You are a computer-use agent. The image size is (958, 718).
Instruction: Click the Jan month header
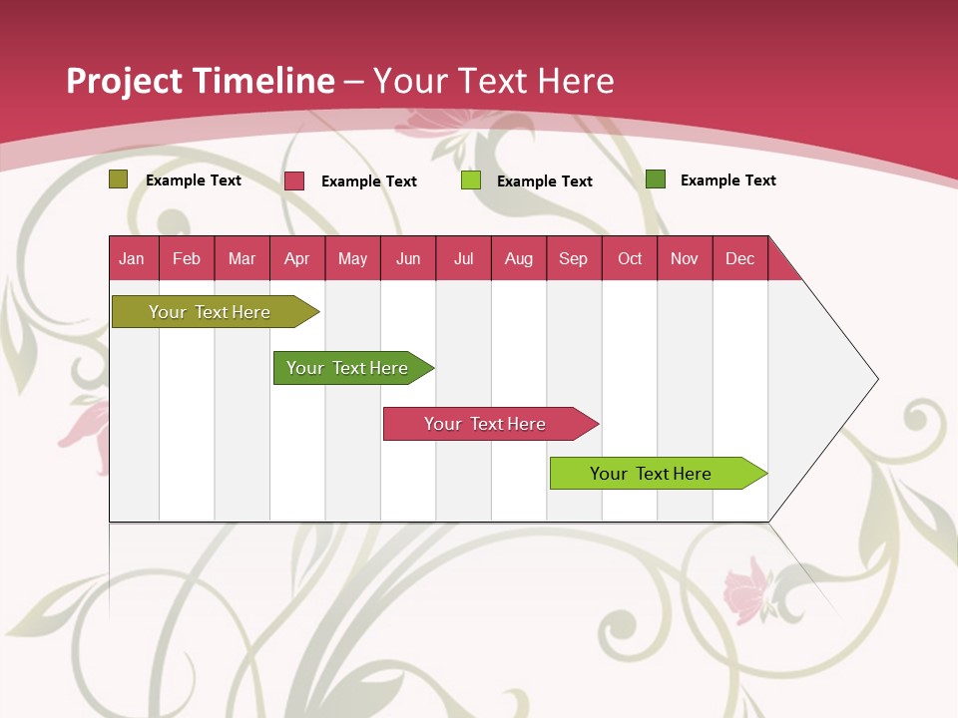(133, 258)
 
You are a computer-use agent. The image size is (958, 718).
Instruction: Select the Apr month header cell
(297, 258)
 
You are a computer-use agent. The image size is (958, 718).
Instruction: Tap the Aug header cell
(518, 258)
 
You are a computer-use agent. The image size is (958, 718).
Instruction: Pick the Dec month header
(739, 258)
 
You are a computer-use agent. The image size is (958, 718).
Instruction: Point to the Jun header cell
(408, 258)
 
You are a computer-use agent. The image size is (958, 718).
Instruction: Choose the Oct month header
(630, 258)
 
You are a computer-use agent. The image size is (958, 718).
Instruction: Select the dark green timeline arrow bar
(349, 368)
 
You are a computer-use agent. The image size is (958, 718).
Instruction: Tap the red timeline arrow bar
(487, 424)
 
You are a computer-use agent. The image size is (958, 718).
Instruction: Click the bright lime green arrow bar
(654, 473)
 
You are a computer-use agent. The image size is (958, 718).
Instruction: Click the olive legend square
(119, 179)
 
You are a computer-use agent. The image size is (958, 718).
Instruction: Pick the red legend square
(294, 180)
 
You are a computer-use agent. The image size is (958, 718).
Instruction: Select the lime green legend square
(471, 180)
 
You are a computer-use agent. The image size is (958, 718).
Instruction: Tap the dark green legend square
(656, 179)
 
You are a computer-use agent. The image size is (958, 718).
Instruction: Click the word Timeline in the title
(263, 81)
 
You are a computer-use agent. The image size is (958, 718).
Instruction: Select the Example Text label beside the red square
(369, 181)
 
